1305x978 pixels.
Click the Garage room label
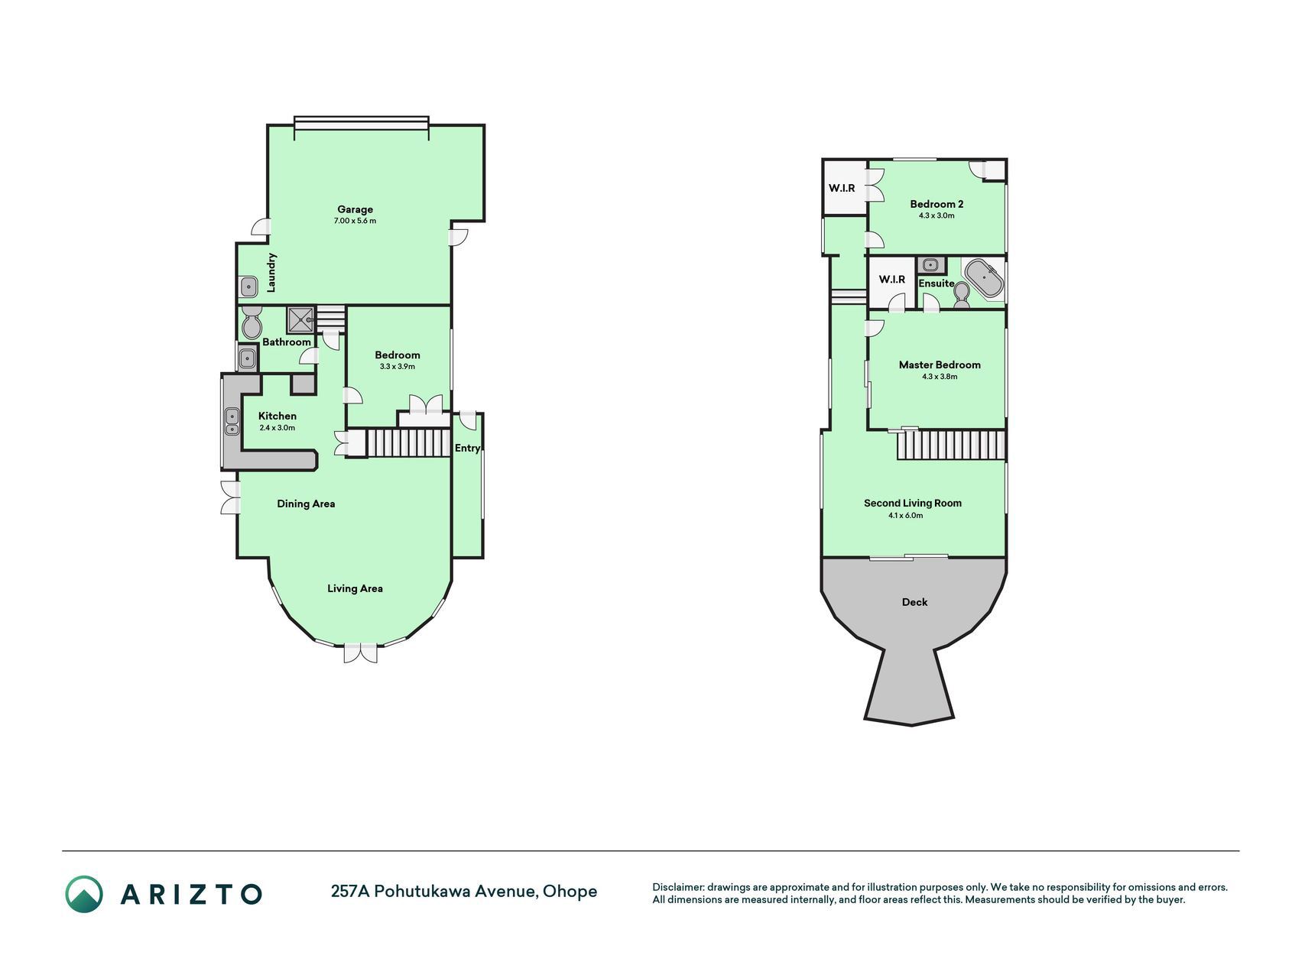[x=355, y=209]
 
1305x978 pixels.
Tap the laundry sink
[x=248, y=287]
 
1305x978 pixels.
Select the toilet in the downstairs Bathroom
[x=251, y=324]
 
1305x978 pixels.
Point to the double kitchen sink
[x=232, y=422]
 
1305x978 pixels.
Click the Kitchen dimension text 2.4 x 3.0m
[x=277, y=428]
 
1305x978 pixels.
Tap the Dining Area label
[x=306, y=504]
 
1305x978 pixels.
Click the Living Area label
[x=355, y=588]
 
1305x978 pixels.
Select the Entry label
[x=467, y=449]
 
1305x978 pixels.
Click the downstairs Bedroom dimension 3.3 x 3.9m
[x=398, y=367]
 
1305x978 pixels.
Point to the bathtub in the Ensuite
[x=984, y=278]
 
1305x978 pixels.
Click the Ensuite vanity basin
[x=930, y=265]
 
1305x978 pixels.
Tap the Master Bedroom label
[x=940, y=365]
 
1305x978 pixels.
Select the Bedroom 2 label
[x=937, y=204]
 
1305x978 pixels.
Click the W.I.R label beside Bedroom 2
[x=842, y=188]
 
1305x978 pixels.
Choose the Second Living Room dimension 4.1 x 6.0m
[x=905, y=516]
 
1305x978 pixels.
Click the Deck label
[x=914, y=602]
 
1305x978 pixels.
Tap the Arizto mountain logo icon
[x=83, y=894]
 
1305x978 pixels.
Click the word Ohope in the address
[x=570, y=892]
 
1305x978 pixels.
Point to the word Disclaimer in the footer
[x=677, y=888]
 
